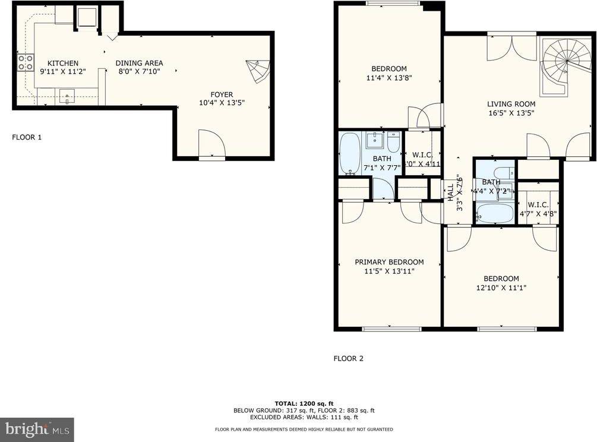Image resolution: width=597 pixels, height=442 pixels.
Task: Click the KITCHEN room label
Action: tap(63, 63)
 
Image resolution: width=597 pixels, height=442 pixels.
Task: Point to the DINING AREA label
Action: tap(139, 63)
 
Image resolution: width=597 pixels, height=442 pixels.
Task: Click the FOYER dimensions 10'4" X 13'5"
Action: tap(222, 102)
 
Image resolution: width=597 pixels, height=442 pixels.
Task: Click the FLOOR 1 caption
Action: tap(27, 137)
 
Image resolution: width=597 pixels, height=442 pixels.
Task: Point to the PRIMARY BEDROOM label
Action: tap(389, 262)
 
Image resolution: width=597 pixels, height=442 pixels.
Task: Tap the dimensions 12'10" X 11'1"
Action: tap(501, 288)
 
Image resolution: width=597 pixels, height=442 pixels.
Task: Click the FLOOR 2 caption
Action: tap(348, 358)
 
